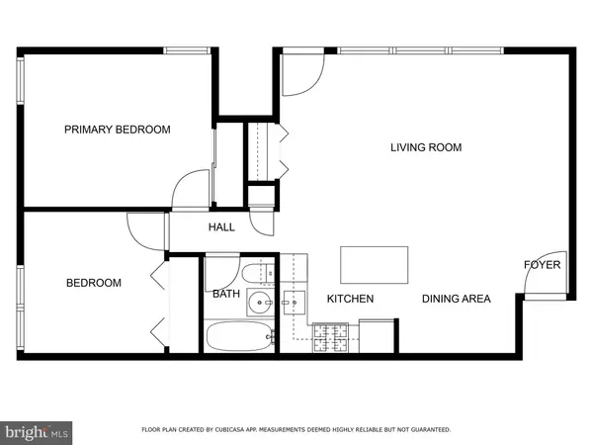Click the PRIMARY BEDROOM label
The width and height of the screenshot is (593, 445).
[118, 130]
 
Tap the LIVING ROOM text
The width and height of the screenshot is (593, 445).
[426, 148]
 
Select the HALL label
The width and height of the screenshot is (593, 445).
[221, 227]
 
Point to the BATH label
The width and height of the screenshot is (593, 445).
[225, 294]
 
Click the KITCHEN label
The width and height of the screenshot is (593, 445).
[350, 299]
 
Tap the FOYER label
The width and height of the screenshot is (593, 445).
[542, 265]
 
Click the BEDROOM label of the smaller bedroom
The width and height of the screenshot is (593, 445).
[94, 283]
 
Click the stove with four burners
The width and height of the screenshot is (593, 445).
[328, 339]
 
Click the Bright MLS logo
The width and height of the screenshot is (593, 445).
[38, 431]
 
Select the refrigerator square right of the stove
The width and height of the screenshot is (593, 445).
[377, 335]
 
